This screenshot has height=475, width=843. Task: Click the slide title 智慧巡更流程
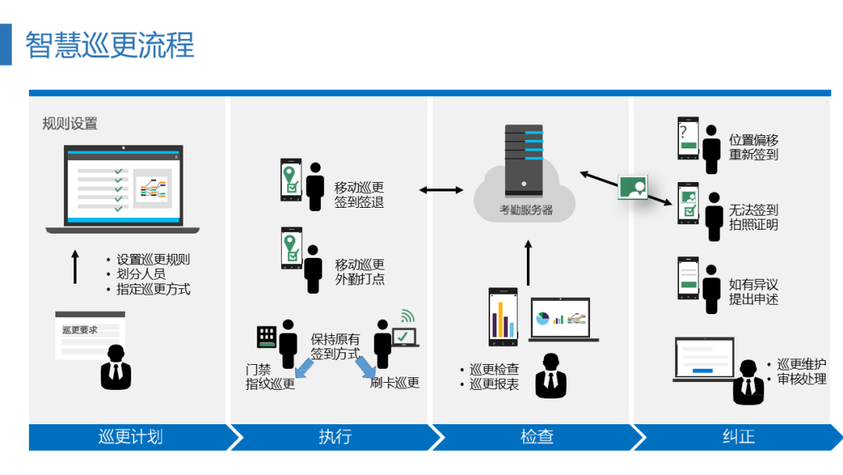click(110, 45)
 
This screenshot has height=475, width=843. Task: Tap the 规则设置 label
click(70, 123)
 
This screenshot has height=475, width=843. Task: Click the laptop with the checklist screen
click(123, 189)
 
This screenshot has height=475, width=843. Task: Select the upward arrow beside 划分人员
click(75, 267)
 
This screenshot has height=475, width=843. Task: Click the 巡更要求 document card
click(91, 334)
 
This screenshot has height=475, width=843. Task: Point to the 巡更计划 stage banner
click(130, 437)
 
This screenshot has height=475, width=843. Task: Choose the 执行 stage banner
click(334, 437)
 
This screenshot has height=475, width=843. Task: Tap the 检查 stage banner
click(536, 437)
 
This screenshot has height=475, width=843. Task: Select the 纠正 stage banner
click(738, 437)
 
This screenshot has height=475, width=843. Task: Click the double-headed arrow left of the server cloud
click(441, 190)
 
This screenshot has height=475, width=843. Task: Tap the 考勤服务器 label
click(526, 210)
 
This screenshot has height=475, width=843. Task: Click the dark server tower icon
click(524, 161)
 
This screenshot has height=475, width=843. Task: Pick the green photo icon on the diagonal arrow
click(633, 187)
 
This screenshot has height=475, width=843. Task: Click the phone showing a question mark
click(688, 138)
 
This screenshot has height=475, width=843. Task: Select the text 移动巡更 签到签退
click(358, 195)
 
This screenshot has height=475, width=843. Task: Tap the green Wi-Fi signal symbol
click(407, 316)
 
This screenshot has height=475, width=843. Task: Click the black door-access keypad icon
click(267, 337)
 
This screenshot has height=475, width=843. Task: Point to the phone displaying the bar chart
click(503, 317)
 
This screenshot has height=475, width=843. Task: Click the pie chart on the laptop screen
click(542, 318)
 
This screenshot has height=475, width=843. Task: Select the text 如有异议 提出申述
click(753, 291)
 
